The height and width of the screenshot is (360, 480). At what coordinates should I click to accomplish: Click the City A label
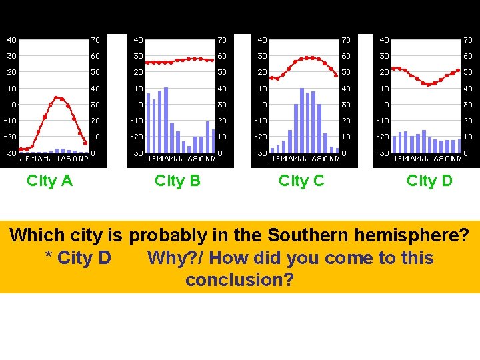tap(49, 181)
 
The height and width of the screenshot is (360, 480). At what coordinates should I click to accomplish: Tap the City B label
tap(177, 181)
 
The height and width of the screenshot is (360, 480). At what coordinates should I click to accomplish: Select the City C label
tap(301, 181)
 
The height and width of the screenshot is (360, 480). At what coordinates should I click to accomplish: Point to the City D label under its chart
tap(429, 181)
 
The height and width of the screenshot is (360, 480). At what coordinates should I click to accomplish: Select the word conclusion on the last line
tap(239, 280)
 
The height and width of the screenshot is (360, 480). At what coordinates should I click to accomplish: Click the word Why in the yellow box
tap(165, 258)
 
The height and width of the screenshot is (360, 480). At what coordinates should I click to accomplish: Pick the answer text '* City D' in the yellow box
tap(77, 258)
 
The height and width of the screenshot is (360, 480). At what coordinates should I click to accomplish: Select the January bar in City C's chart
tap(272, 150)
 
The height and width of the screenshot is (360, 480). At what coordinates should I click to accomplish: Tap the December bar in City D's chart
tap(459, 145)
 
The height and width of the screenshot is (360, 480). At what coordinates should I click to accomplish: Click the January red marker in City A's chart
tap(21, 149)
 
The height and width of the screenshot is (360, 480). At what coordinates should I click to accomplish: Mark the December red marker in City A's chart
tap(85, 143)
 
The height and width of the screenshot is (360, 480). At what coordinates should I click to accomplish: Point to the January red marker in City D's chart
tap(394, 68)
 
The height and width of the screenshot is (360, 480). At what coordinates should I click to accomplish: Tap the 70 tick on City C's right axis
tap(346, 40)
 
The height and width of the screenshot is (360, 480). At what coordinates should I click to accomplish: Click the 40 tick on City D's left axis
tap(385, 40)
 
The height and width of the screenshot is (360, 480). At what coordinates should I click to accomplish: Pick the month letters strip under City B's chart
tap(181, 159)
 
